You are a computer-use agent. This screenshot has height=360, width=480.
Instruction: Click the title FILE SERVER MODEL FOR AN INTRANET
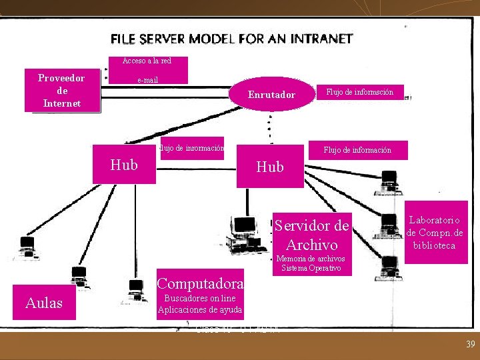coord(231,39)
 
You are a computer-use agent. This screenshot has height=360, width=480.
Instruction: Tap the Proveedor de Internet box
coord(62,90)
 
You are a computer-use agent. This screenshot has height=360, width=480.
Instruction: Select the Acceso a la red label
coord(147,61)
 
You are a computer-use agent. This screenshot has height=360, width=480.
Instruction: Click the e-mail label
coord(148,79)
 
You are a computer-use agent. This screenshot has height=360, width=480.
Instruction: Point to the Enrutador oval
coord(271,95)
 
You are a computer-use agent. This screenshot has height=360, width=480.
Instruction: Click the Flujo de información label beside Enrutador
coord(359,92)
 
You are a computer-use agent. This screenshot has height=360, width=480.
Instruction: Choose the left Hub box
coord(124,165)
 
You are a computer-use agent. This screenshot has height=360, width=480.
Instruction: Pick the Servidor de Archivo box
coord(312,234)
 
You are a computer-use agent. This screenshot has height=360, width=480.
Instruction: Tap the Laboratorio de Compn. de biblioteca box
coord(435,232)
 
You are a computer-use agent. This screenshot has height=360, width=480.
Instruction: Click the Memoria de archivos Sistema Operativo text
coord(311,263)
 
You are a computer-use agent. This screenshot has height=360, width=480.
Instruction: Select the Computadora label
coord(200,283)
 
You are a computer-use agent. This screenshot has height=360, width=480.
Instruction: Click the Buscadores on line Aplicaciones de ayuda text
coord(200,305)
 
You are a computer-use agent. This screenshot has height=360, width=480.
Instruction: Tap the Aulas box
coord(44,303)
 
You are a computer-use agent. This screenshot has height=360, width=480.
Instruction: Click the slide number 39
coord(469,344)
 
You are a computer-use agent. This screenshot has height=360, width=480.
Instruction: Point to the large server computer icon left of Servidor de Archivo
coord(245,233)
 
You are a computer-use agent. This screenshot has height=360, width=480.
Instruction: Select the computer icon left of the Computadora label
coord(136,291)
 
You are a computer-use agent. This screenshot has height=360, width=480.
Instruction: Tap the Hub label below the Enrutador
coord(269,167)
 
